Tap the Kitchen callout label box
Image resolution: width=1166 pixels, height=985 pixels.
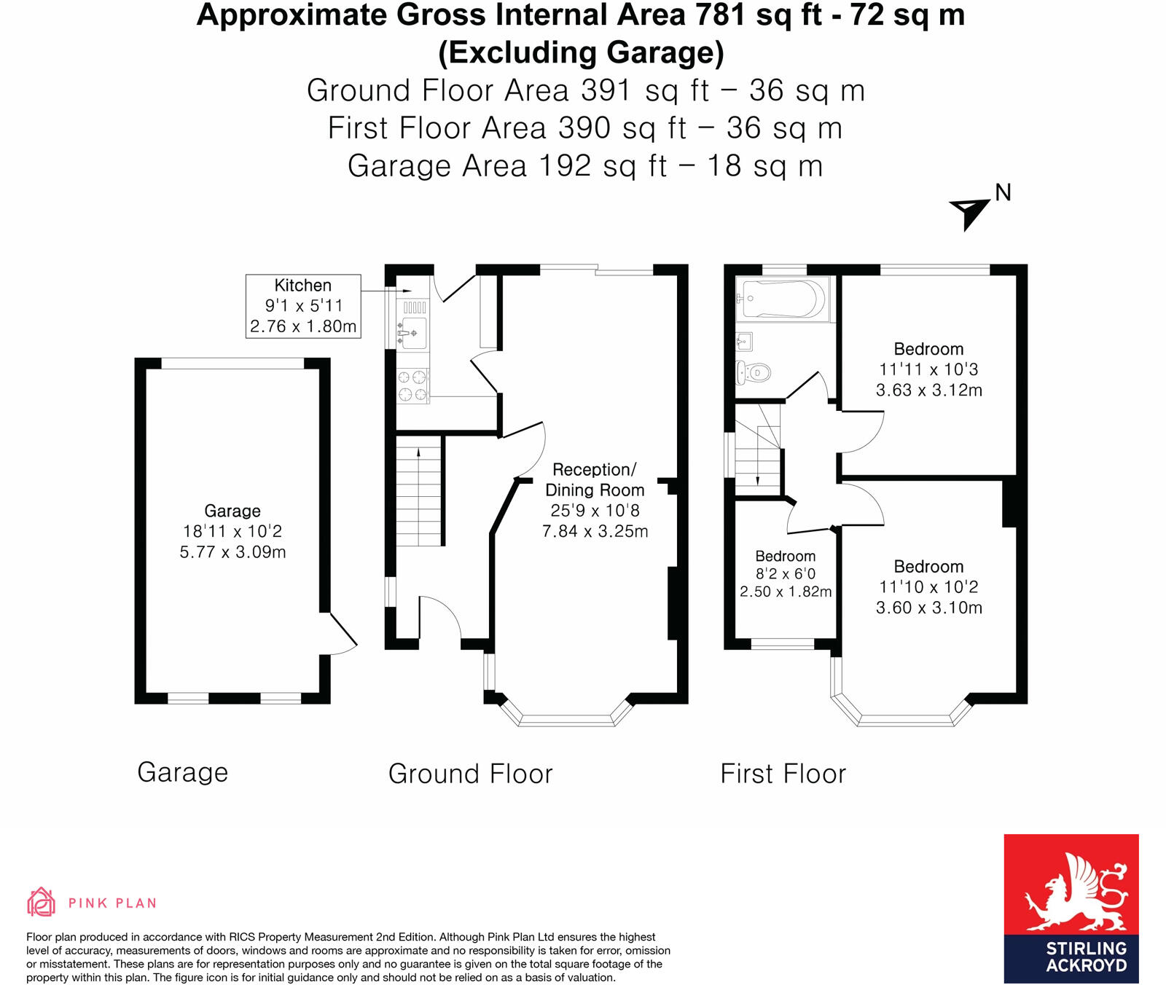(303, 306)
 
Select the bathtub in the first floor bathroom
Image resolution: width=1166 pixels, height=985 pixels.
(782, 299)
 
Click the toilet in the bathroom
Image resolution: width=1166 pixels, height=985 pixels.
(754, 373)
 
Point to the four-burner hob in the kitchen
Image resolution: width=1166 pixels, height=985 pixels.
(412, 386)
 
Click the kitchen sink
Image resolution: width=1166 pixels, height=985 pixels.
(412, 332)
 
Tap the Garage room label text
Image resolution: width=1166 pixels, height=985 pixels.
(232, 511)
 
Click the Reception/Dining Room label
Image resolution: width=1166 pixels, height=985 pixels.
(595, 479)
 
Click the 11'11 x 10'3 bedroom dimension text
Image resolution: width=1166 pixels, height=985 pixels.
(928, 369)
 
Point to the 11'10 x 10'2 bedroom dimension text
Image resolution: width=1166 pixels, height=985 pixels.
(928, 587)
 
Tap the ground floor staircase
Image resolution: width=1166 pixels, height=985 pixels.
(419, 492)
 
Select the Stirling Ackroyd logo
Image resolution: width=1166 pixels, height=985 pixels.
(1071, 908)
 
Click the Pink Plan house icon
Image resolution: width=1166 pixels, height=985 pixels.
(41, 902)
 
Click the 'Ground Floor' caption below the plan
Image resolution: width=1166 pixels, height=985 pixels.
(470, 774)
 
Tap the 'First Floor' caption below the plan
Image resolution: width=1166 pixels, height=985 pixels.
(783, 774)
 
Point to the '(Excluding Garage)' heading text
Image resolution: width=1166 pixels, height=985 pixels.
(581, 52)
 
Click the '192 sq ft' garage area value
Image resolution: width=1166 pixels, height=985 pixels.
(602, 166)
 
